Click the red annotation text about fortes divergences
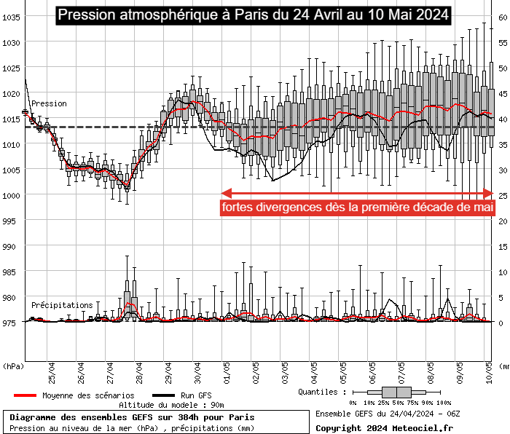click(358, 208)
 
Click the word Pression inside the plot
click(49, 103)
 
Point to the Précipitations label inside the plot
click(62, 305)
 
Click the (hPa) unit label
click(13, 366)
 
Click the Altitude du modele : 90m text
click(171, 405)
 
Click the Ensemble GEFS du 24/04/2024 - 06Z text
click(388, 414)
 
